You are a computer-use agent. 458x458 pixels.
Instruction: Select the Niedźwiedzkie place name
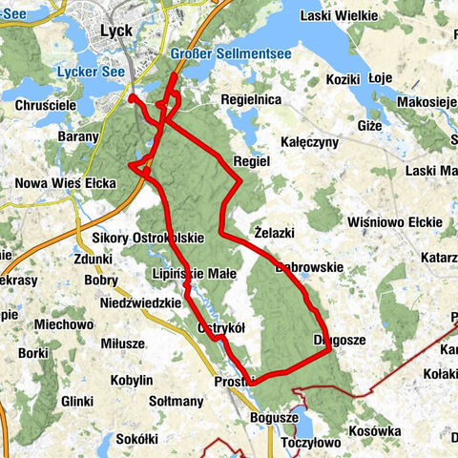[x=140, y=303]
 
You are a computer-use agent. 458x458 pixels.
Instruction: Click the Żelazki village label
[x=275, y=232]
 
